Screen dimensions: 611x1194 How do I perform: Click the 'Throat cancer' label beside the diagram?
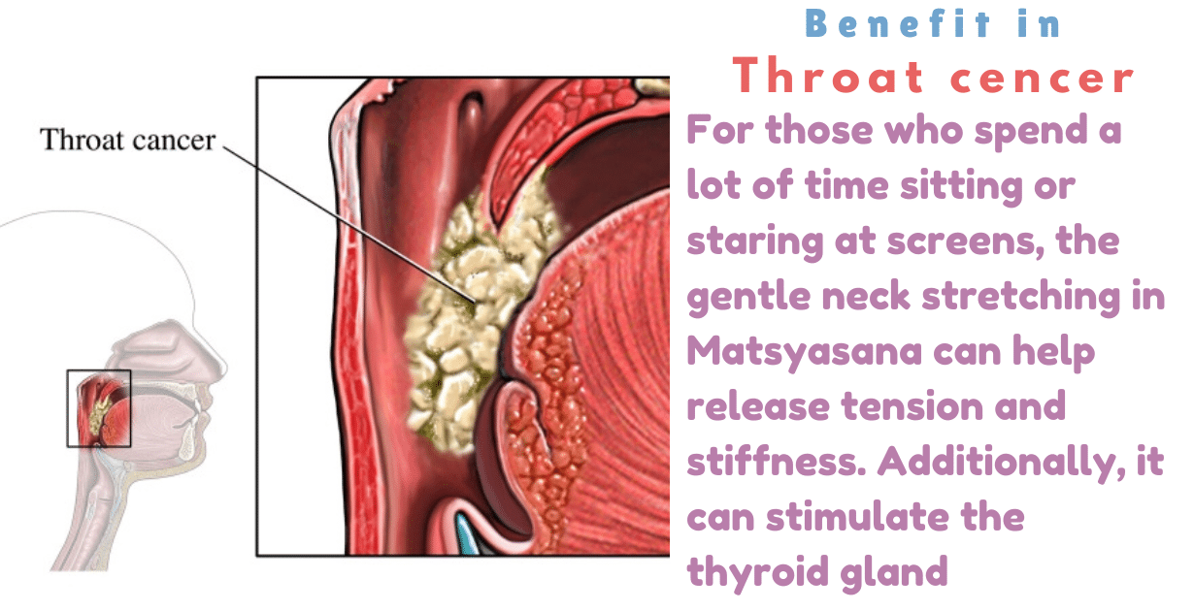127,141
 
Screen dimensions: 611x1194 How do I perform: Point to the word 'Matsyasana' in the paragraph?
805,351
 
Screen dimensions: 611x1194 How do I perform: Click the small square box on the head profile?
98,408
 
